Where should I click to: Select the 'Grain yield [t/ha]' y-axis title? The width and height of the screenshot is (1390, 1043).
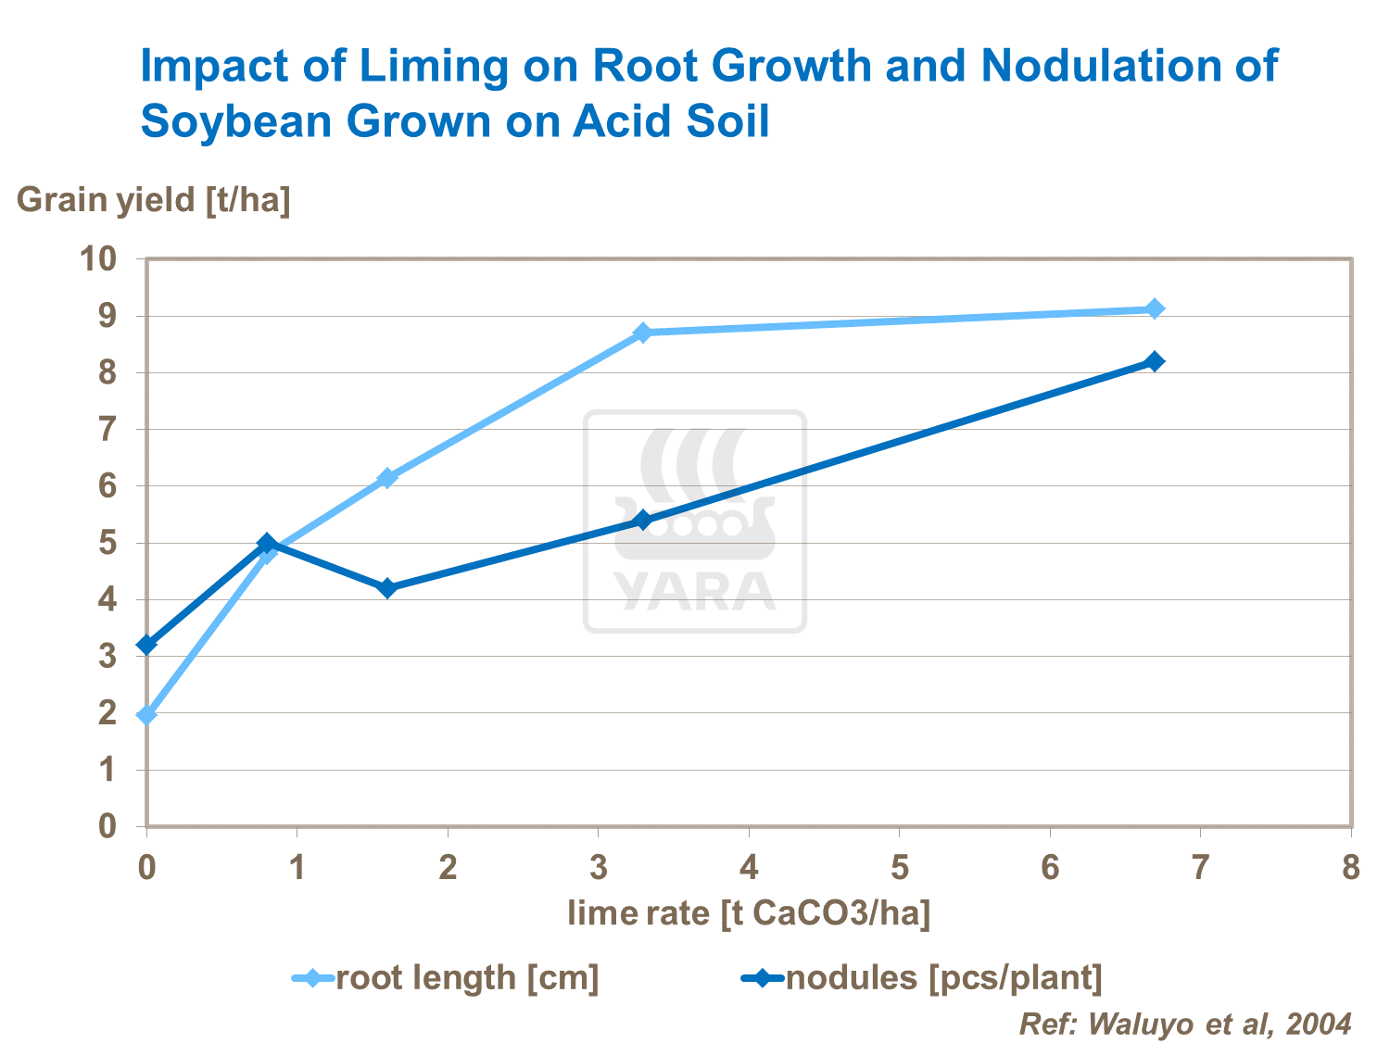click(x=154, y=199)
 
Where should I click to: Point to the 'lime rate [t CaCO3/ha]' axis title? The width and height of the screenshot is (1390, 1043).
click(x=749, y=913)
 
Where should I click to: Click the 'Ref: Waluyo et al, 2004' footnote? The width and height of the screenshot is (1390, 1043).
click(x=1185, y=1024)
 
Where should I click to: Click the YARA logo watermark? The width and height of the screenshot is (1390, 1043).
click(x=695, y=521)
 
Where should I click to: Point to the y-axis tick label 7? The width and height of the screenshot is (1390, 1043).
click(x=107, y=429)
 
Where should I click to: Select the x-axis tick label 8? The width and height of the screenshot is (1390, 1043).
click(x=1351, y=868)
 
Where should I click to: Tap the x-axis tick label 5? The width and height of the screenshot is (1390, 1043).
click(x=899, y=868)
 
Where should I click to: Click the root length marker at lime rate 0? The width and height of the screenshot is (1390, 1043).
click(x=146, y=715)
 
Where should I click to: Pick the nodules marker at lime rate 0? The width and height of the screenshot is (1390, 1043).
click(x=146, y=645)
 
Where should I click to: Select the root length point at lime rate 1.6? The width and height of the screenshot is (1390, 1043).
click(x=387, y=478)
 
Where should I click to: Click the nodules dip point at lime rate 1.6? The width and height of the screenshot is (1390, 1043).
click(x=387, y=588)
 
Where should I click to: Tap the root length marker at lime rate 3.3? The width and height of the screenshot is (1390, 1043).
click(x=643, y=333)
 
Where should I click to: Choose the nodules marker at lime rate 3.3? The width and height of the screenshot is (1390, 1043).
click(x=643, y=521)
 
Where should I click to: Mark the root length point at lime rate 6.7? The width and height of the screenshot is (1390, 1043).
click(x=1155, y=308)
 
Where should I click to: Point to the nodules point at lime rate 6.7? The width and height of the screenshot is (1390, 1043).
click(x=1155, y=361)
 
